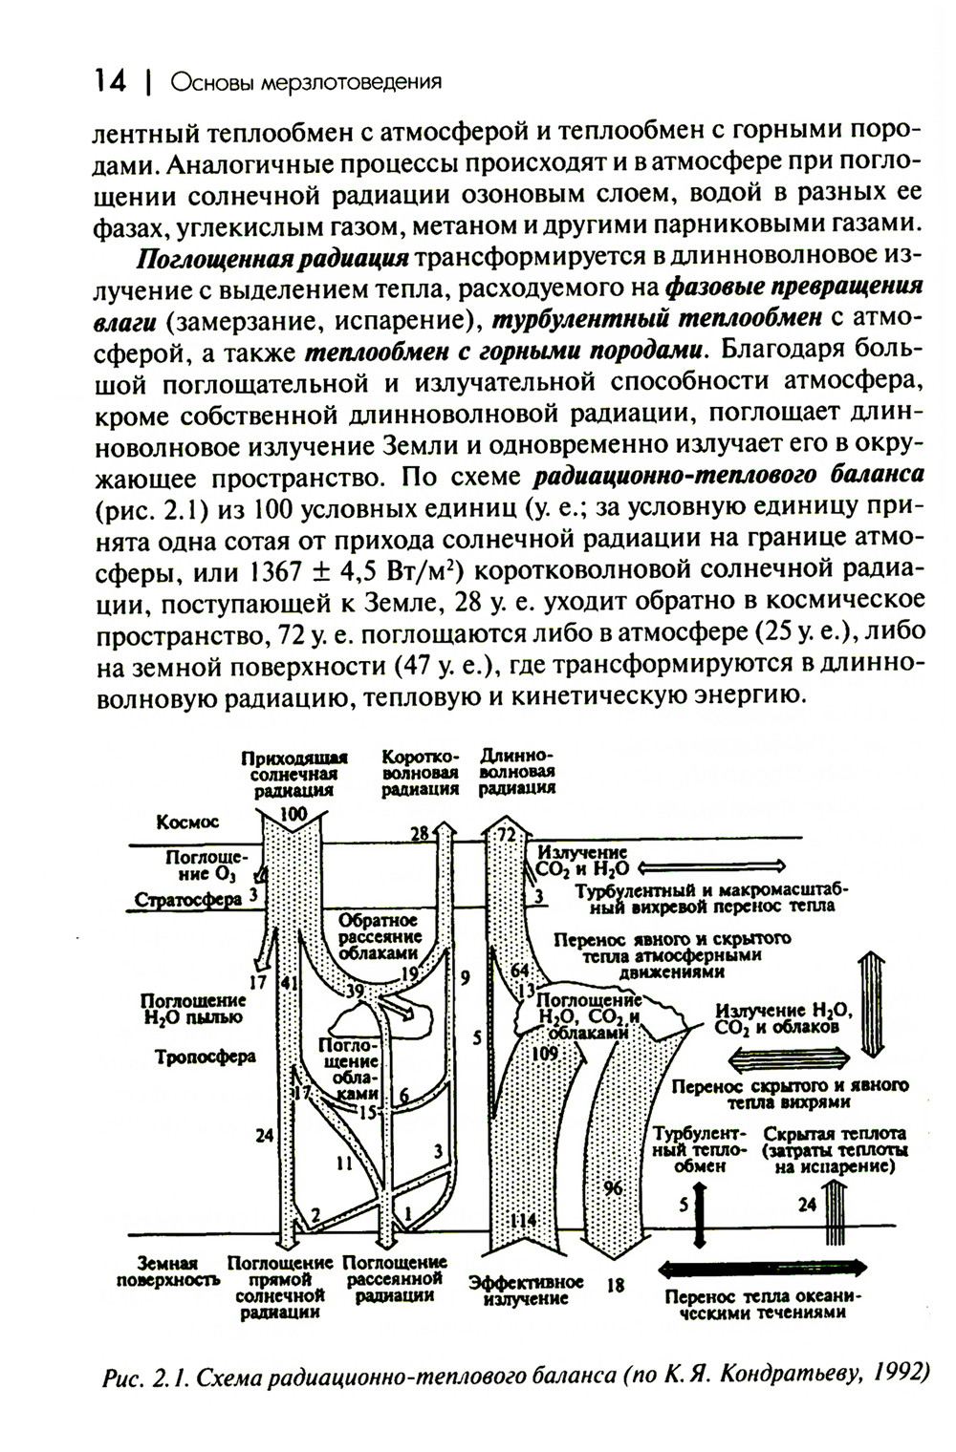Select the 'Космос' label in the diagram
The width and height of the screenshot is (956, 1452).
[188, 822]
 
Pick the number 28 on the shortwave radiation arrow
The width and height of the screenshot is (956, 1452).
[419, 834]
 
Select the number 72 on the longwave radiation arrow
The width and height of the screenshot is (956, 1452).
[506, 836]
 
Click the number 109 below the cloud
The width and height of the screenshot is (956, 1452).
[543, 1053]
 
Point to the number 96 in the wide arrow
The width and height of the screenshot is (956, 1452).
[613, 1187]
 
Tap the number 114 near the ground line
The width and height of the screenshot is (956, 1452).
[522, 1221]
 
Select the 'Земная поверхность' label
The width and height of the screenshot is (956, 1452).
[168, 1271]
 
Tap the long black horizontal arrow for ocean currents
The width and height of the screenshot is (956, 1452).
[764, 1268]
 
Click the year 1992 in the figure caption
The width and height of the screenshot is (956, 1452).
[900, 1377]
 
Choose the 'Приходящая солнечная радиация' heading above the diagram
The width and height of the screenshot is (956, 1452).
[293, 773]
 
